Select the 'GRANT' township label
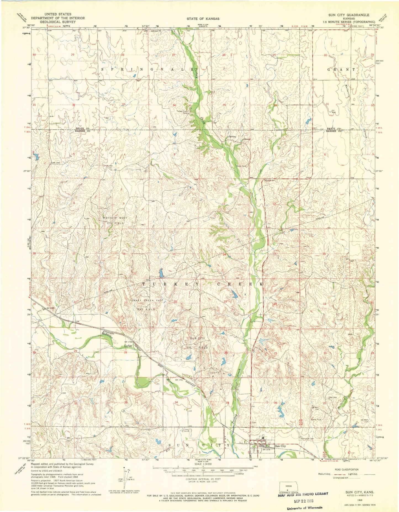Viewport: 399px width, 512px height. [x=341, y=69]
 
